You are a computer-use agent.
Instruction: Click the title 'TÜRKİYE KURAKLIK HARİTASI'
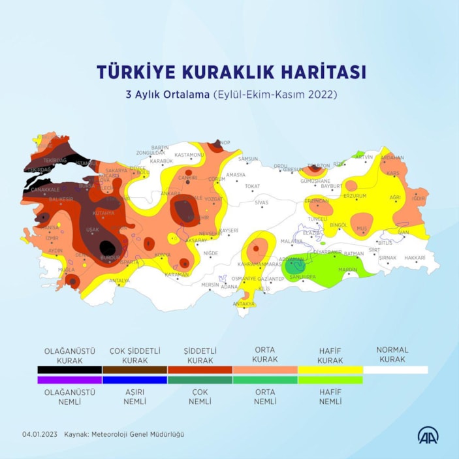pyautogui.click(x=231, y=71)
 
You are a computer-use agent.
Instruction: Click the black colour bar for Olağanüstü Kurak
pyautogui.click(x=69, y=370)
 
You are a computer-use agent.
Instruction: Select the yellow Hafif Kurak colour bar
pyautogui.click(x=330, y=370)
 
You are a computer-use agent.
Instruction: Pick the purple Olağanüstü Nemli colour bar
pyautogui.click(x=69, y=379)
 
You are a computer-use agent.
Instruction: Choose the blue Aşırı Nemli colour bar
pyautogui.click(x=135, y=379)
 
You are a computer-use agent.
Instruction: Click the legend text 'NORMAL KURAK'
pyautogui.click(x=392, y=355)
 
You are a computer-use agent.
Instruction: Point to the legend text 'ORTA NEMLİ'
pyautogui.click(x=264, y=396)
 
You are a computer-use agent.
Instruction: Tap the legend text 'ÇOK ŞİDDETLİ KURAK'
pyautogui.click(x=135, y=355)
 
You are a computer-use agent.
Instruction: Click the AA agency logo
pyautogui.click(x=428, y=434)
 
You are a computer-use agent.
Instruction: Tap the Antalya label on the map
pyautogui.click(x=119, y=281)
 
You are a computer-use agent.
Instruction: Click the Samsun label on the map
pyautogui.click(x=249, y=159)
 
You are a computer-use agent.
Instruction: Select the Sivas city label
pyautogui.click(x=261, y=202)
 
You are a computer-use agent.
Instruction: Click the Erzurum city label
pyautogui.click(x=355, y=195)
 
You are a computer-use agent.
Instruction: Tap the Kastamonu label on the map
pyautogui.click(x=190, y=155)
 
